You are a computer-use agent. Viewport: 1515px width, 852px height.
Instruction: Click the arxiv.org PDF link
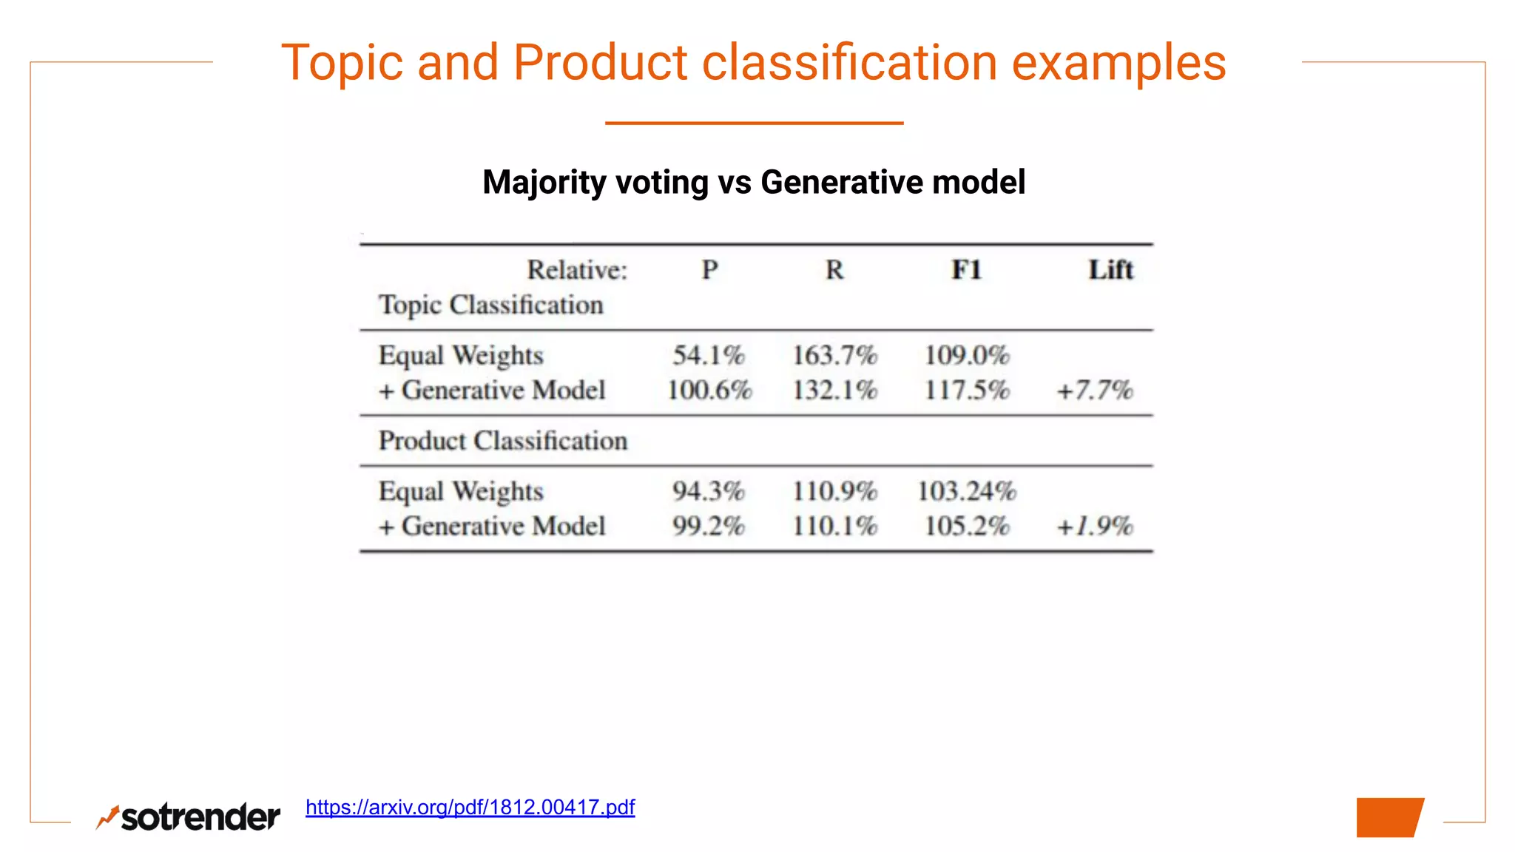point(470,807)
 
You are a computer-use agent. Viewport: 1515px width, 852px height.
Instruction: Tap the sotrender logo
point(189,817)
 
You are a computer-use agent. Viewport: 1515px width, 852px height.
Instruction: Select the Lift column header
point(1110,270)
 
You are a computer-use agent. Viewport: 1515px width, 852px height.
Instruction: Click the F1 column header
point(966,270)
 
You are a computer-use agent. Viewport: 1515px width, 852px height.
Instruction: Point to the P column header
point(709,270)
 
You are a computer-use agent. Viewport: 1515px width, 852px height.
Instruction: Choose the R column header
point(834,270)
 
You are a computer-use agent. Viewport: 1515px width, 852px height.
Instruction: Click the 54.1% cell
point(708,356)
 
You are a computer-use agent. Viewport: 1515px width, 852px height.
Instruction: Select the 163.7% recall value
point(834,356)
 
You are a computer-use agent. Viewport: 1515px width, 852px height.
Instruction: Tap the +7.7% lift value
point(1095,390)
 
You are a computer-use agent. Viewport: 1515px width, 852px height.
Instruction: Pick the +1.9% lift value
point(1095,527)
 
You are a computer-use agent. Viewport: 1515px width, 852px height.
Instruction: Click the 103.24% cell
point(967,491)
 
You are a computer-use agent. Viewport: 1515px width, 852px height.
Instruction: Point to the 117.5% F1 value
point(967,390)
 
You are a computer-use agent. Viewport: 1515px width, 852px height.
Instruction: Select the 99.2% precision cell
point(708,527)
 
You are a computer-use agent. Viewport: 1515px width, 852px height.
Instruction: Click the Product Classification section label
point(503,441)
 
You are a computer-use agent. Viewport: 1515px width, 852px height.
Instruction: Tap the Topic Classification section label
point(491,305)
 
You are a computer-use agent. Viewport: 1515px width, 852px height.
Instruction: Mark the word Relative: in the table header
point(577,270)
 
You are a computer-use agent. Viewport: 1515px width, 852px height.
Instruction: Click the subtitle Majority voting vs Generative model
point(754,182)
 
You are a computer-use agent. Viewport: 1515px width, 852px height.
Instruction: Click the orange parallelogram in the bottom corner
point(1389,817)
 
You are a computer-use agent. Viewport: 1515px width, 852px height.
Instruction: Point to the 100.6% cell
point(709,390)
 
